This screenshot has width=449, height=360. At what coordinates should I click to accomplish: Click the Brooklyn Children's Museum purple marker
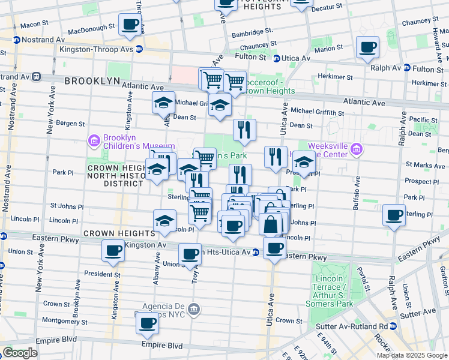pyautogui.click(x=94, y=141)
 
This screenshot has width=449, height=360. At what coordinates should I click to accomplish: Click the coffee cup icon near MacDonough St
pyautogui.click(x=130, y=25)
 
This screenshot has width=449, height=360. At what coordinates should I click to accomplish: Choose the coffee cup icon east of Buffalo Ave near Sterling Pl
pyautogui.click(x=395, y=215)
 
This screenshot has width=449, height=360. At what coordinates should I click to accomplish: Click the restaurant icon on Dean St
pyautogui.click(x=244, y=130)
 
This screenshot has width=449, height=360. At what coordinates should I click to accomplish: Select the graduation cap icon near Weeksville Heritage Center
pyautogui.click(x=304, y=163)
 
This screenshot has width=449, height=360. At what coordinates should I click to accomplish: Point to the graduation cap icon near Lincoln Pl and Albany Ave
pyautogui.click(x=164, y=221)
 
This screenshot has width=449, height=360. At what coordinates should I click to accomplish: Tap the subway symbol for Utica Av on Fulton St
pyautogui.click(x=277, y=58)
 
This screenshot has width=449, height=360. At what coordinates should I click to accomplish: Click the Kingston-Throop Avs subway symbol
pyautogui.click(x=139, y=49)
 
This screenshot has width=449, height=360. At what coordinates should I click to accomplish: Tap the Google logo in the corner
pyautogui.click(x=20, y=352)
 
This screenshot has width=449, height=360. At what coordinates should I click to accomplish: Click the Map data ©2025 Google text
pyautogui.click(x=411, y=355)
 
